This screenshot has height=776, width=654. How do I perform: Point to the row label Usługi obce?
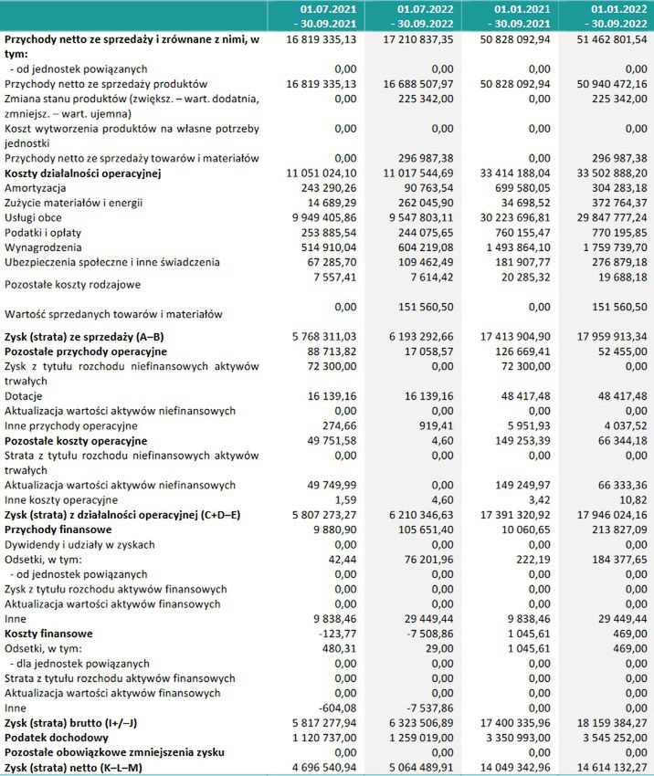point(36,217)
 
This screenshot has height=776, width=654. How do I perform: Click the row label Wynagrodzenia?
point(43,246)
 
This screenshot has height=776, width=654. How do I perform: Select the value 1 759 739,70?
point(608,246)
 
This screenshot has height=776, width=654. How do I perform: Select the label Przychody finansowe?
point(58,529)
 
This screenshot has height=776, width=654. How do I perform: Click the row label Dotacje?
point(25,395)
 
